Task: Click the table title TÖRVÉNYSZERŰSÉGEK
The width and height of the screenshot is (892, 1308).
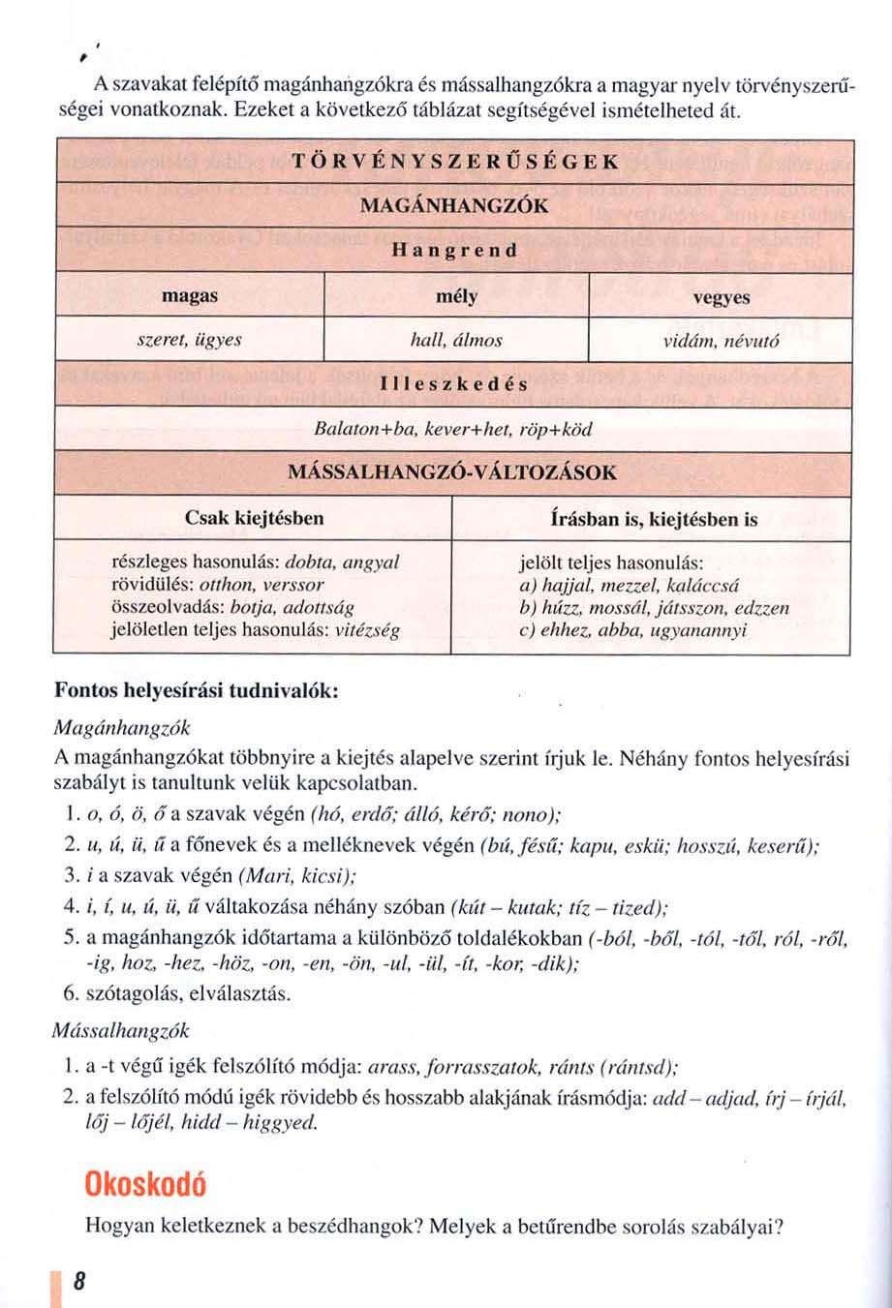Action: [x=453, y=161]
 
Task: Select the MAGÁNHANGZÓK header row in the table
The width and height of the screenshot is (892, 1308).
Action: [x=453, y=205]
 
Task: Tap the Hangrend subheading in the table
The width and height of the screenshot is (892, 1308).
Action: [x=453, y=251]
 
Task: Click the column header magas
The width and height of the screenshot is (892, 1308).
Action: [x=189, y=297]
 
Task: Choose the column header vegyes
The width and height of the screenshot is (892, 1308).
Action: [x=721, y=298]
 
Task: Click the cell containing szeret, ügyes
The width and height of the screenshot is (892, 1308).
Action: [x=189, y=341]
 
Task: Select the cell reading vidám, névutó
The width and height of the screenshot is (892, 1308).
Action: [x=721, y=341]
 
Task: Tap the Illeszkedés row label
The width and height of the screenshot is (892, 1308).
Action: [x=453, y=384]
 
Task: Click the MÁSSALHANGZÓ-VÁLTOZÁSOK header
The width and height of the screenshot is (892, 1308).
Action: [x=453, y=473]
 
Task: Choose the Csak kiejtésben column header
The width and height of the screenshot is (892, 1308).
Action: [x=254, y=519]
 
